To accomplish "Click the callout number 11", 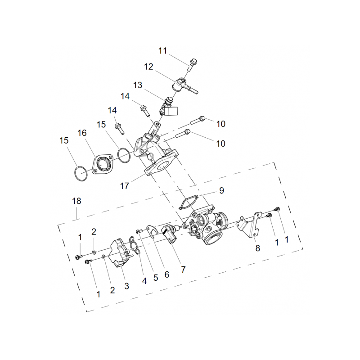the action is [162, 51].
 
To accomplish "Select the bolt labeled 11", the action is [193, 64].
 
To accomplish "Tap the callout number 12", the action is [148, 67].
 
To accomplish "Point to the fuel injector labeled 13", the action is [169, 107].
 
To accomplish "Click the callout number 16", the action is [82, 133].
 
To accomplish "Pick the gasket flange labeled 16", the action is [102, 164].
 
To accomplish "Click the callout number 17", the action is [125, 186].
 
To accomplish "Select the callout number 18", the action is [76, 201].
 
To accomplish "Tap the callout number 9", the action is [221, 190].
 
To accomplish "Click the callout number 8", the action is [258, 248].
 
